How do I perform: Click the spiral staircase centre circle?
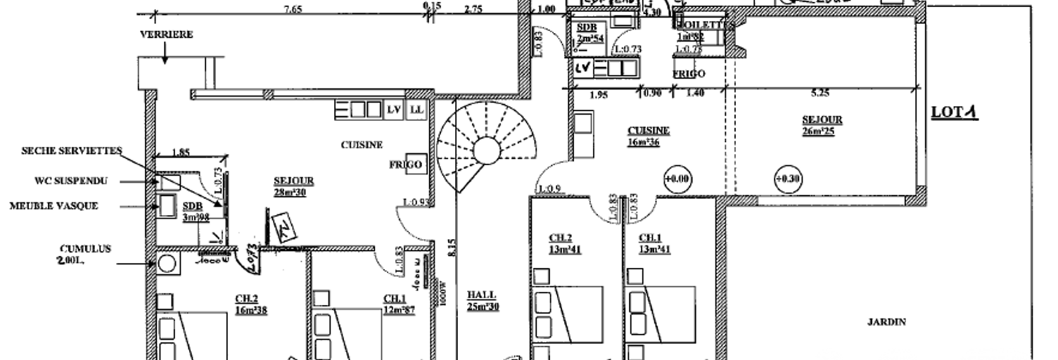tap(486, 150)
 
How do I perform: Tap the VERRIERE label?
tap(166, 34)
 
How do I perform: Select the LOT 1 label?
tap(955, 112)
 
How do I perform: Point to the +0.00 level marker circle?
tap(677, 180)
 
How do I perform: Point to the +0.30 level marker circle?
tap(788, 179)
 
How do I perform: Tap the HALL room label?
tap(481, 295)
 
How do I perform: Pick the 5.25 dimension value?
tap(820, 93)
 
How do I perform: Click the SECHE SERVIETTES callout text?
tap(72, 150)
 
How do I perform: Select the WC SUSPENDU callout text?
tap(71, 181)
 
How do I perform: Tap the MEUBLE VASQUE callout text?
tap(53, 206)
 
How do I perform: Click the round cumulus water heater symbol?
tap(167, 264)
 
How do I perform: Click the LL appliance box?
tap(416, 110)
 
